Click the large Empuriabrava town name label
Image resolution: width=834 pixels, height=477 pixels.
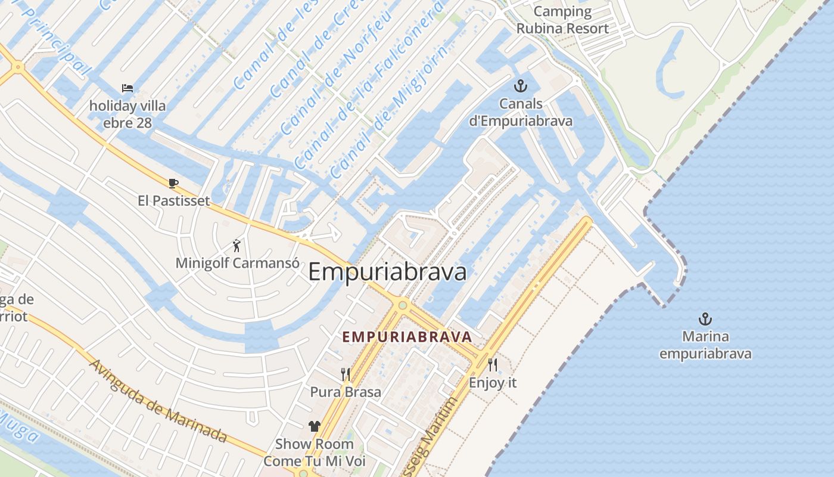(x=387, y=272)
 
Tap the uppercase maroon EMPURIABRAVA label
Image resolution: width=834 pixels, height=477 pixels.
(x=407, y=336)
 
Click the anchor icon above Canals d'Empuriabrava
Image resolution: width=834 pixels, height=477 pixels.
(x=521, y=86)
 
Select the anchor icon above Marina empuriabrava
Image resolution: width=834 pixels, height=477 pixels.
(x=705, y=318)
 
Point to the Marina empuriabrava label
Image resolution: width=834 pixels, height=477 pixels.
(x=705, y=345)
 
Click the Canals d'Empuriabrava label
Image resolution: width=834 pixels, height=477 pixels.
(x=521, y=112)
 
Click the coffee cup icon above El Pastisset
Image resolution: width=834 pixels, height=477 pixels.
(x=173, y=183)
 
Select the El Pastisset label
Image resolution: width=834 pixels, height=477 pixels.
(x=174, y=200)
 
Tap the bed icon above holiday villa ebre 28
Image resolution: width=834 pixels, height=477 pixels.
(x=127, y=88)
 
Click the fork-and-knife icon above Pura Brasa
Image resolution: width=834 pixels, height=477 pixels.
(x=346, y=374)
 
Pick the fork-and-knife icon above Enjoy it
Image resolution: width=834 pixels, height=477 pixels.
(x=493, y=364)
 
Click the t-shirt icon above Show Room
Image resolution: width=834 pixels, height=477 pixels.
(x=314, y=426)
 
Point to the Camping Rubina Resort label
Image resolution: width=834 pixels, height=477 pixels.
(x=562, y=20)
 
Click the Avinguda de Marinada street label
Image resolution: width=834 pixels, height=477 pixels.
(x=158, y=400)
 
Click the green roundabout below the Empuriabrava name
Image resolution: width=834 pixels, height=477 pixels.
(x=403, y=305)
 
